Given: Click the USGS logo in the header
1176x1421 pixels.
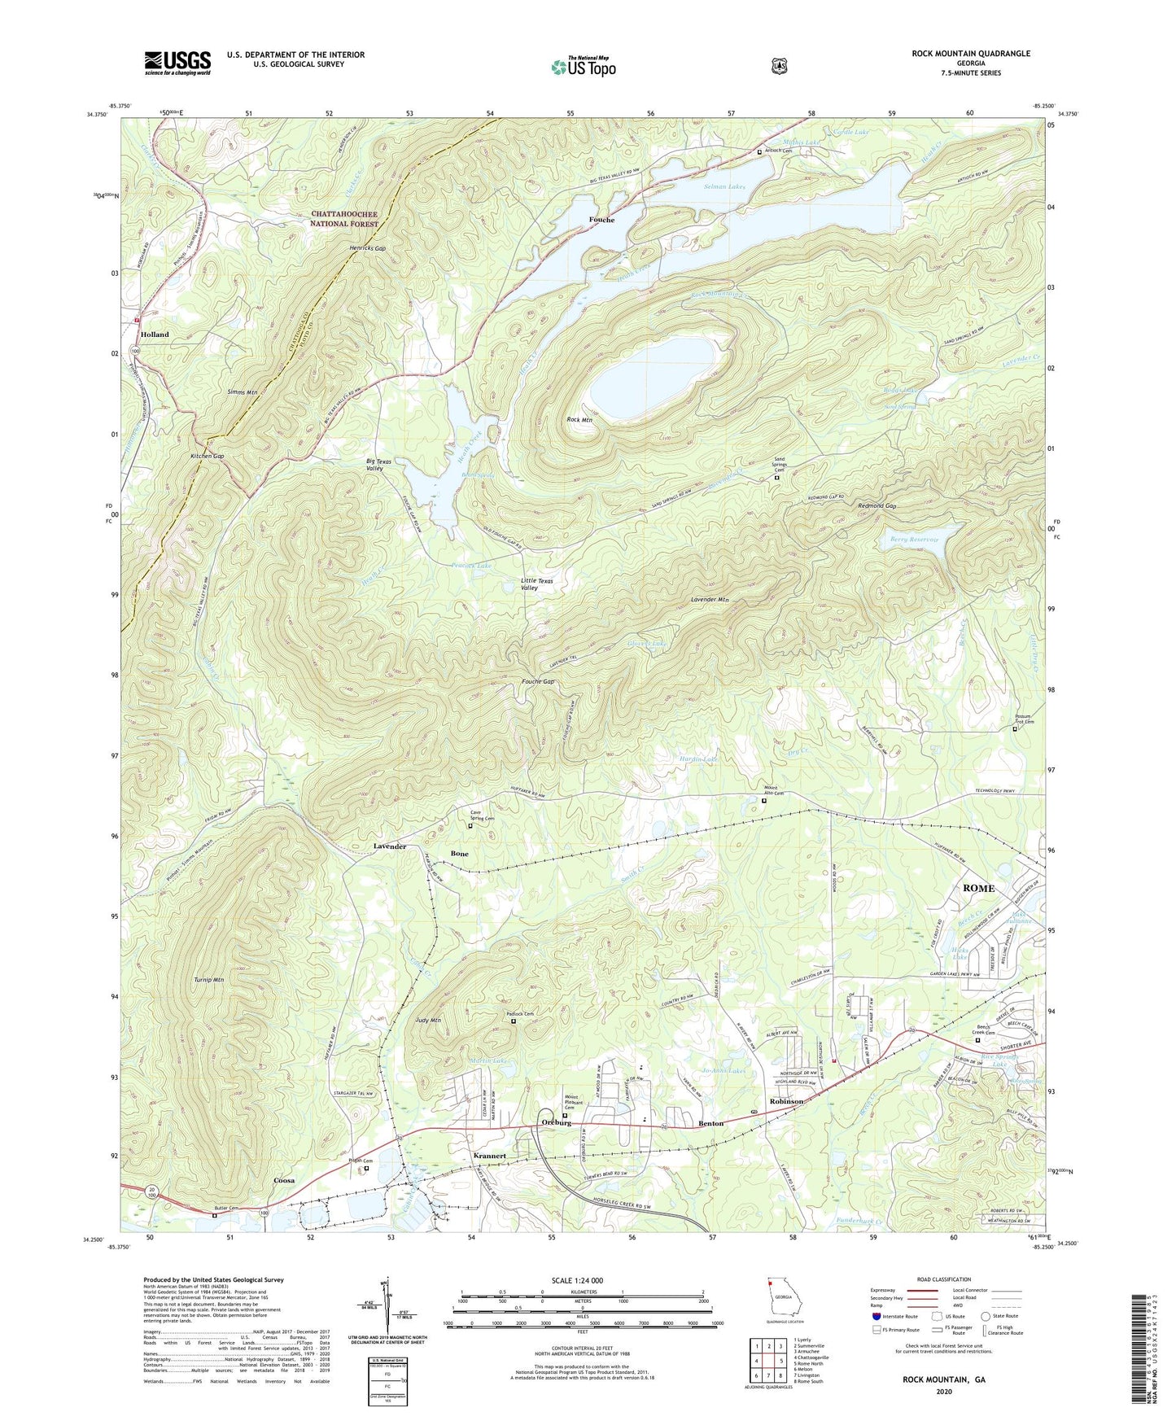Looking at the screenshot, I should click(177, 62).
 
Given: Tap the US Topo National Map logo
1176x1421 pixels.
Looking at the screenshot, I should click(583, 66).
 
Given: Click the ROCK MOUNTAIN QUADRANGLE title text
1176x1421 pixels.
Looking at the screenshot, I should click(959, 54).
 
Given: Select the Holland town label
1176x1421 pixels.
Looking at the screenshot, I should click(155, 334).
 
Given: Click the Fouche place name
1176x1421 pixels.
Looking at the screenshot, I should click(601, 220).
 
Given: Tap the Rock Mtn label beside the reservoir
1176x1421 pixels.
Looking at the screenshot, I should click(579, 420).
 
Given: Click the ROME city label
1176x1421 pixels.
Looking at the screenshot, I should click(978, 888).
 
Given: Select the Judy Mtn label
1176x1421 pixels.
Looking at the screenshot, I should click(428, 1021).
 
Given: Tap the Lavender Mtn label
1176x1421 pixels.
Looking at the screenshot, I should click(710, 600).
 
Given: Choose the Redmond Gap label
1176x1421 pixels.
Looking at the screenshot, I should click(877, 505).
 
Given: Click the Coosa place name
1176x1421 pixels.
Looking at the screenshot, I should click(284, 1180).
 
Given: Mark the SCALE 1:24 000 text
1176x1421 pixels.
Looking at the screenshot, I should click(577, 1280).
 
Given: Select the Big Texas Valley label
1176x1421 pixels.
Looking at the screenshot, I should click(378, 465).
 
